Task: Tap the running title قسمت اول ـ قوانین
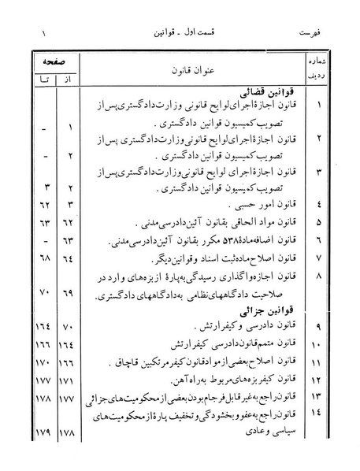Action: [181, 35]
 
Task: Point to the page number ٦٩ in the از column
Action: [69, 293]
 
